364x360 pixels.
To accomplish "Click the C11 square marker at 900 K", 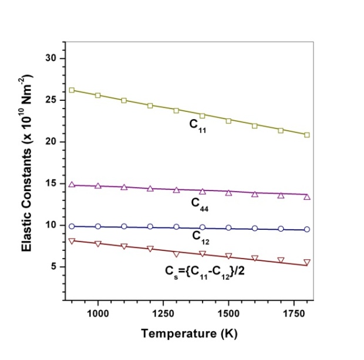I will [72, 90].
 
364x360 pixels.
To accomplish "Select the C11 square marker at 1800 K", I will [306, 134].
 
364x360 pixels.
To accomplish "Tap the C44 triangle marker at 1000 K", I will [98, 186].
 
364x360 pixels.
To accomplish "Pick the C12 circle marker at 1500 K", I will [228, 227].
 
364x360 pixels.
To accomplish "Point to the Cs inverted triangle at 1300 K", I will [176, 254].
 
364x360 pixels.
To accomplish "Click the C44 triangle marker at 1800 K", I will [306, 196].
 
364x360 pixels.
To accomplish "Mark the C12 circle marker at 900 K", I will [72, 226].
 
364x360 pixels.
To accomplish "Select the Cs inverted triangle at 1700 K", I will [281, 260].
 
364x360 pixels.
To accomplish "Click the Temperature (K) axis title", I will [189, 335].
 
